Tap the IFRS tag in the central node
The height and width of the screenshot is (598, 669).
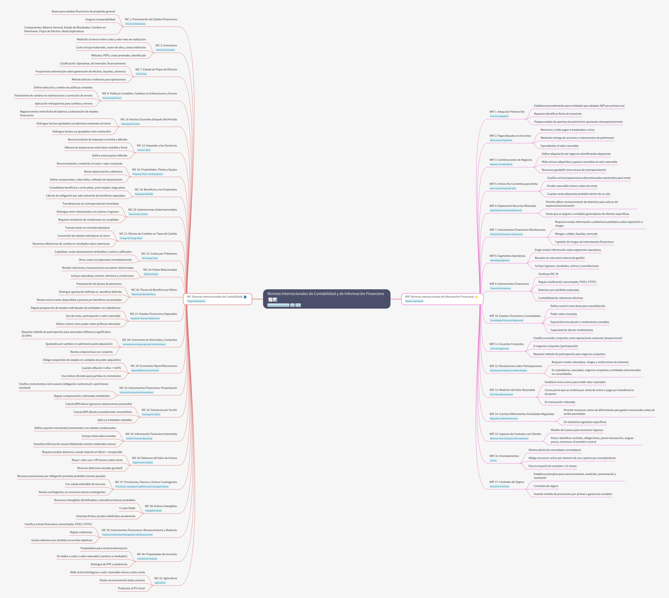click(298, 305)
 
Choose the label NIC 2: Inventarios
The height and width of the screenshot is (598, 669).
click(166, 45)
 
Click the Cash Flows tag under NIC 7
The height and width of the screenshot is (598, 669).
click(141, 74)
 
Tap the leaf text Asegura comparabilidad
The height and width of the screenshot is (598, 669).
click(100, 19)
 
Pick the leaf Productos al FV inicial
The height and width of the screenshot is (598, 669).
click(131, 588)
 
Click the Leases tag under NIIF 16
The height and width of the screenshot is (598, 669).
click(493, 460)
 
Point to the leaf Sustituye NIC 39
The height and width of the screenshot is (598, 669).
click(548, 274)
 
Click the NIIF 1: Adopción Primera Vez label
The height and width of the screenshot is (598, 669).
click(507, 112)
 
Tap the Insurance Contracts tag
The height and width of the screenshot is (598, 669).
click(500, 486)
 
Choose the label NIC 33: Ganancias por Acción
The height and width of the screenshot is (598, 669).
click(159, 410)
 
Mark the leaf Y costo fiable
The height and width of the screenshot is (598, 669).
click(127, 508)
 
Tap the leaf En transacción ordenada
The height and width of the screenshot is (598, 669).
click(560, 402)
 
